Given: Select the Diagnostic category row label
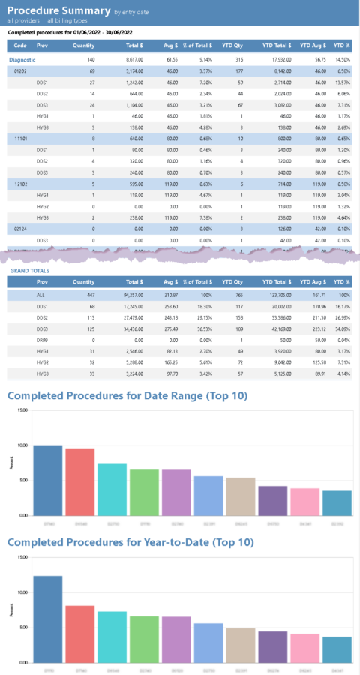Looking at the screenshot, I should pos(24,58).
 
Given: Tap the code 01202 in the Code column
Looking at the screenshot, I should pos(22,70).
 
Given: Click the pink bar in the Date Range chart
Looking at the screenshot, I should pos(305,502).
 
